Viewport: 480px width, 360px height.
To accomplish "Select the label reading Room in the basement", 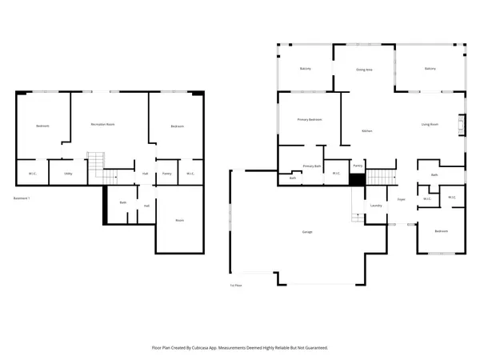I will pos(178,221).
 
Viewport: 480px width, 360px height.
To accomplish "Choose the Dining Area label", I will pos(364,70).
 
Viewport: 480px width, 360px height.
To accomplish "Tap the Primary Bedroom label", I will pos(310,120).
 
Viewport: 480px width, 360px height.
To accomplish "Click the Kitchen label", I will pos(367,130).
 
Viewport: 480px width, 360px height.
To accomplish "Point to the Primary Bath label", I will pos(311,166).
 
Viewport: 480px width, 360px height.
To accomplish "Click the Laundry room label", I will pos(376,206).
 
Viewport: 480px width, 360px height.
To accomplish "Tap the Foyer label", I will pos(401,200).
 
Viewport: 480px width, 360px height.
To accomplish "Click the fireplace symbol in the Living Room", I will pos(461,123).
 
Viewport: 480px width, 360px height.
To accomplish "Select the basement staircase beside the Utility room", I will pos(95,163).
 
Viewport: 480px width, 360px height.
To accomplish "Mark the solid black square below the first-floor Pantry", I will pos(357,179).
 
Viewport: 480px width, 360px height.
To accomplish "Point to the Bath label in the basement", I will pos(123,202).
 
